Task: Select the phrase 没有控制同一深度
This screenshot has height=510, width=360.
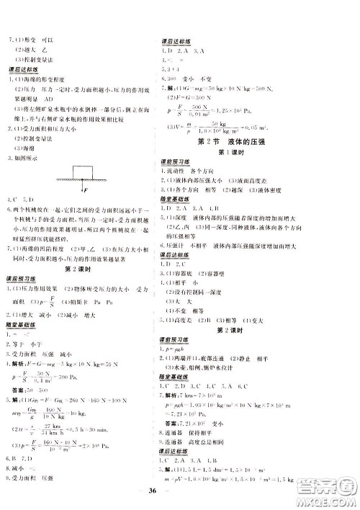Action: point(206,313)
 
